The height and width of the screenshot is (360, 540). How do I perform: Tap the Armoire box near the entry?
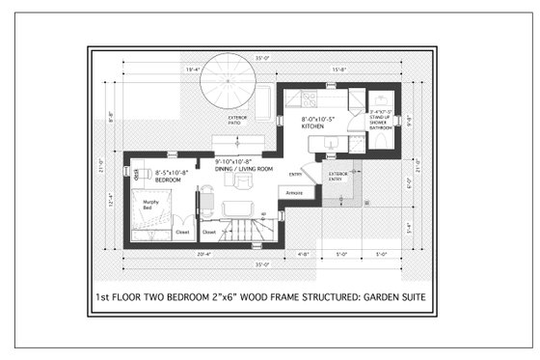pyautogui.click(x=295, y=193)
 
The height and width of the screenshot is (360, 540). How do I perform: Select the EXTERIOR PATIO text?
pyautogui.click(x=237, y=121)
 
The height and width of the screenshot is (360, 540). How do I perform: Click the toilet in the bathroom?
pyautogui.click(x=387, y=139)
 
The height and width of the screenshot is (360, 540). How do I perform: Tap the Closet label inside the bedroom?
pyautogui.click(x=182, y=232)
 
